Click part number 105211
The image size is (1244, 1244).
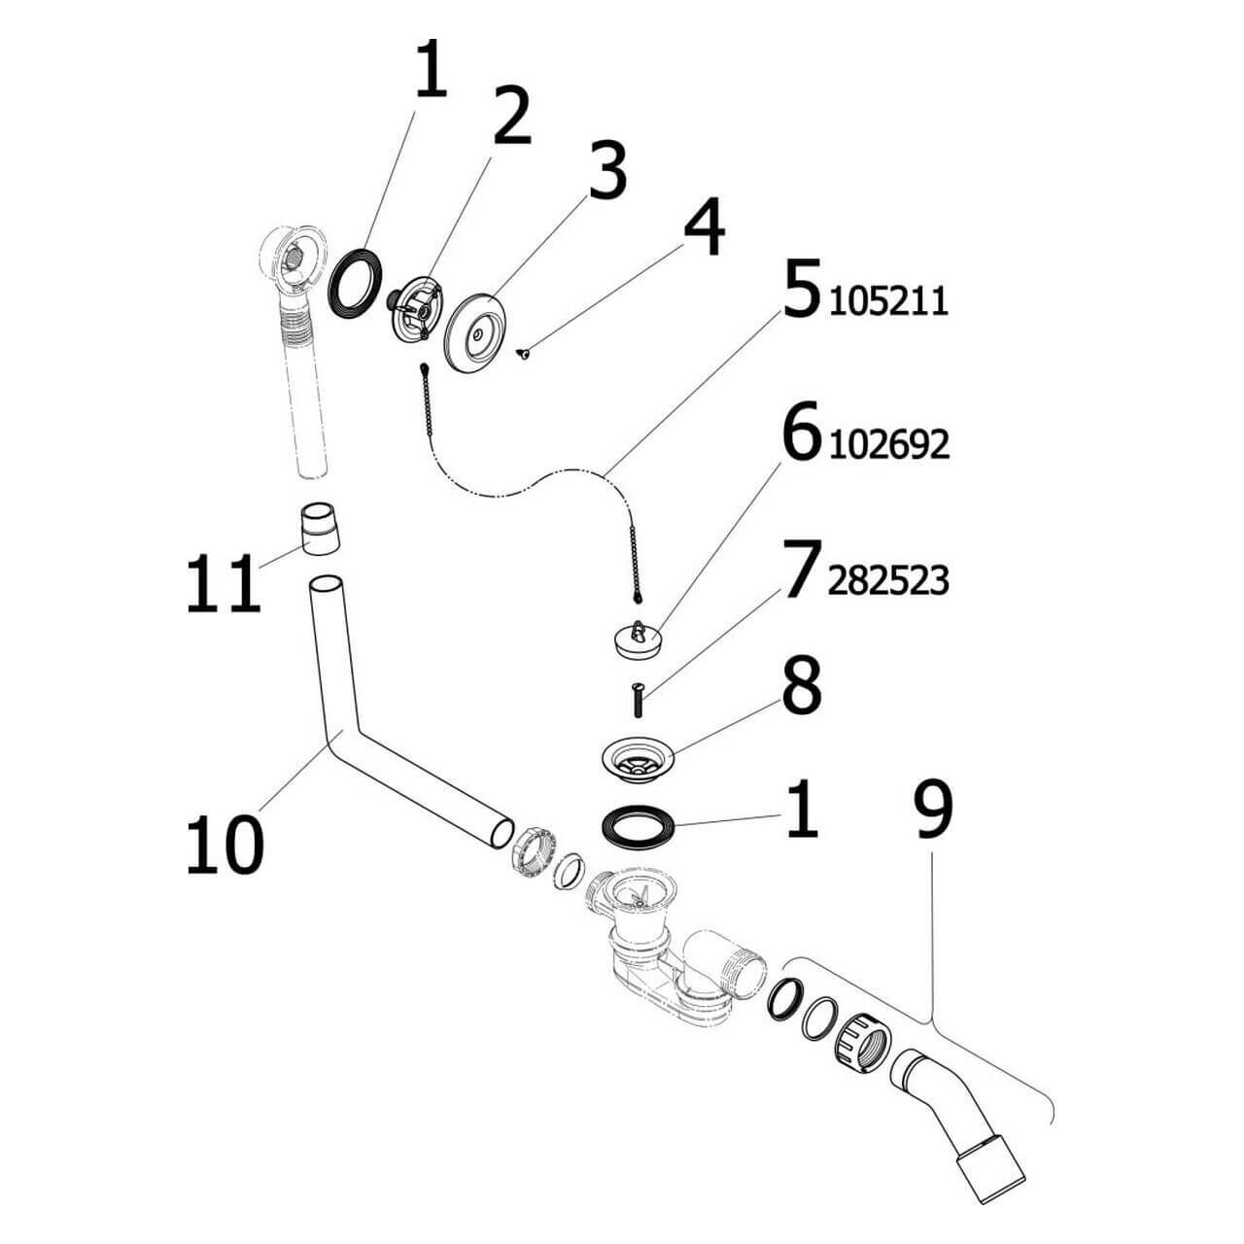(x=888, y=302)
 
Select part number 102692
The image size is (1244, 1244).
(x=888, y=445)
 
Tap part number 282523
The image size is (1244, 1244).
(x=888, y=581)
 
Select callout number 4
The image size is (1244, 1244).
(x=704, y=228)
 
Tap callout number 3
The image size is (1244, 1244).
(x=606, y=172)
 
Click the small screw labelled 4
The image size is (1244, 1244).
(x=524, y=354)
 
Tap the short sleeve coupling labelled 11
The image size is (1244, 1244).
(x=318, y=529)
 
